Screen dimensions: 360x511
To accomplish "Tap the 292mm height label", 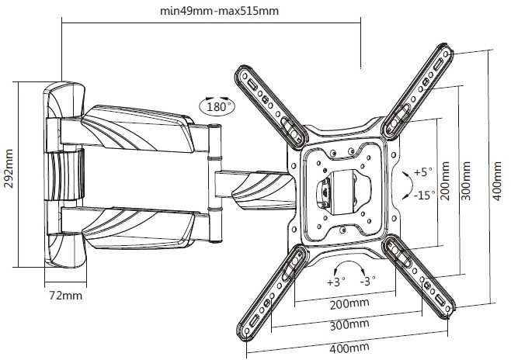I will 10,176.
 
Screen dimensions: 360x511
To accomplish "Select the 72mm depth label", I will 64,296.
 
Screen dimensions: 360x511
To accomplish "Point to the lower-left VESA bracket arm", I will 272,287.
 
